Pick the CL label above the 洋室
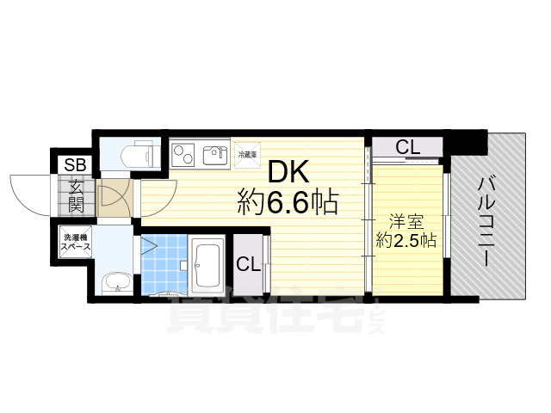pyautogui.click(x=407, y=147)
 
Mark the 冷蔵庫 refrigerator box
pyautogui.click(x=246, y=155)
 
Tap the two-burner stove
pyautogui.click(x=183, y=155)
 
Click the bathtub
pyautogui.click(x=207, y=267)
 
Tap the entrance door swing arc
pyautogui.click(x=34, y=194)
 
